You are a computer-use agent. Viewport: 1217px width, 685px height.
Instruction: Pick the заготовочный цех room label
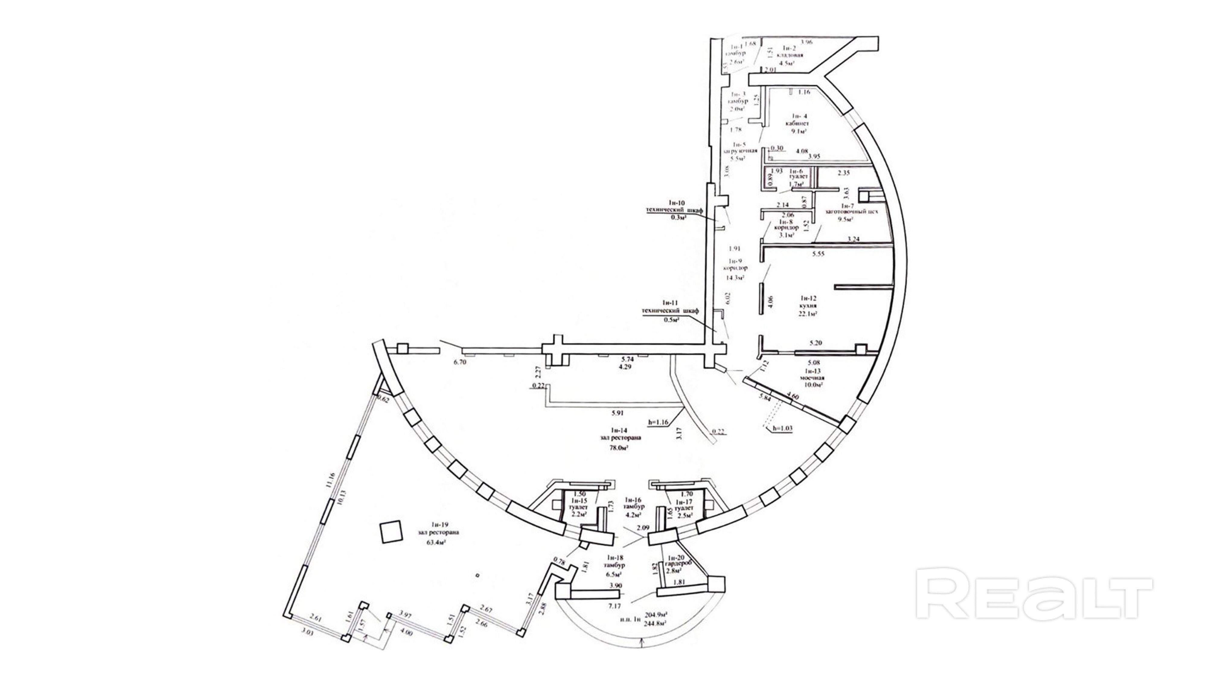coord(851,212)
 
